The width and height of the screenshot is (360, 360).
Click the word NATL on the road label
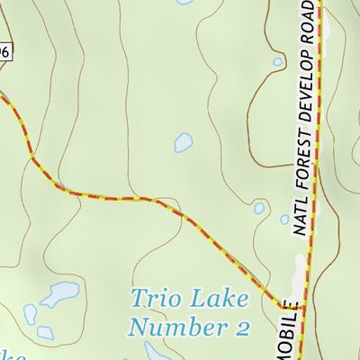302,217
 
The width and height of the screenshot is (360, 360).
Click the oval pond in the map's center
184,142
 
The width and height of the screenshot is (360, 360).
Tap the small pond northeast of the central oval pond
278,62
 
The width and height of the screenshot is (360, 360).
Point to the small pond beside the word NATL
259,208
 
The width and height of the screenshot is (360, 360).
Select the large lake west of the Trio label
60,293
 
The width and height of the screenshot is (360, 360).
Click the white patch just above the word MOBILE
301,265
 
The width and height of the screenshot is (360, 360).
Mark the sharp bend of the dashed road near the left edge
33,159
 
